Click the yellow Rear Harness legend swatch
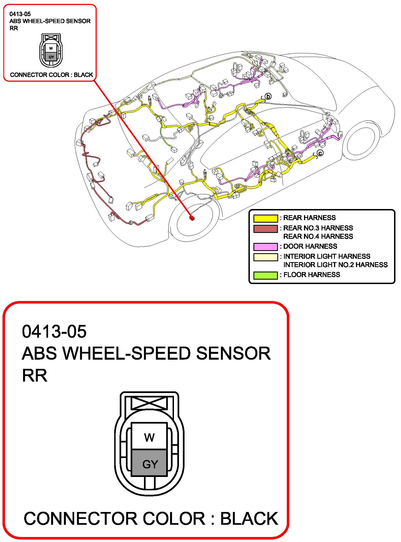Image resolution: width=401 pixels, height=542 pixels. point(265,218)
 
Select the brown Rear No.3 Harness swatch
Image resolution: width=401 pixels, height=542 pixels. point(265,228)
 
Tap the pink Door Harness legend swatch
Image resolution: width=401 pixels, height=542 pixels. point(265,247)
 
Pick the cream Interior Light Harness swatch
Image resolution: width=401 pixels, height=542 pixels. point(265,257)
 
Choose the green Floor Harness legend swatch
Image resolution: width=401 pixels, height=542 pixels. point(265,275)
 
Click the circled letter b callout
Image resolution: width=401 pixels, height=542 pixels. point(268,96)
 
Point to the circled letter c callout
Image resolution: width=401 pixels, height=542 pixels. point(320,153)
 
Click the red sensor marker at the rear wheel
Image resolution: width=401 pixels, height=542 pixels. point(192,218)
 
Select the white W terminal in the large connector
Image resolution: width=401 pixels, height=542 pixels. point(149,436)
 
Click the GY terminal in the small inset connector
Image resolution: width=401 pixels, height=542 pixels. point(51,57)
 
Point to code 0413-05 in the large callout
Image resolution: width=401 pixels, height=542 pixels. point(54,331)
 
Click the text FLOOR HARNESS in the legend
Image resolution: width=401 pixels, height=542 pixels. point(312,275)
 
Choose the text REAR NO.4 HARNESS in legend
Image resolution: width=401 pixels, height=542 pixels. point(318,236)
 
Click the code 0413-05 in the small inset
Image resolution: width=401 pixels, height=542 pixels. point(20,14)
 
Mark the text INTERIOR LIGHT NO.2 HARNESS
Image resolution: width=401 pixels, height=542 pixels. point(335,265)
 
